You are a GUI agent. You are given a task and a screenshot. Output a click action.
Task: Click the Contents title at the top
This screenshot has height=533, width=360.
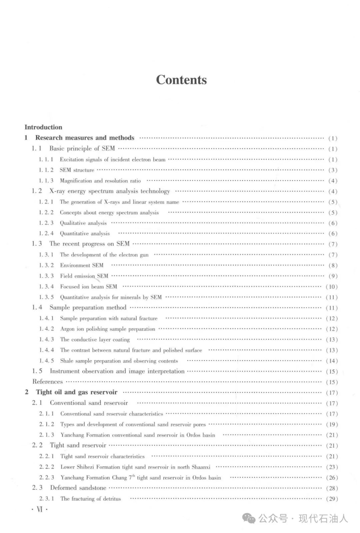pos(181,80)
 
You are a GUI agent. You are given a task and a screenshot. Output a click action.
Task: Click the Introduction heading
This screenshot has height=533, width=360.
pos(43,127)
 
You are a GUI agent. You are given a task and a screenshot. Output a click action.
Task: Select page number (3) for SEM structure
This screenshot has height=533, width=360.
pos(333,170)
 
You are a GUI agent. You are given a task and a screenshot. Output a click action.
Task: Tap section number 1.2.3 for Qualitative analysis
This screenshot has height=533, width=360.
pos(46,223)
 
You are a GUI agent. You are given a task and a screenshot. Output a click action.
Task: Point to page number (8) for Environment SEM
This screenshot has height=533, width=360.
pos(333,266)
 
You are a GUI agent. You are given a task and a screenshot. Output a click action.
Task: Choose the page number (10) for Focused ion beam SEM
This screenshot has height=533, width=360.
pos(332,287)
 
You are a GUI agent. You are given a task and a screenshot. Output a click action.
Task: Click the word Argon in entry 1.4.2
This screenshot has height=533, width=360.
pos(67,329)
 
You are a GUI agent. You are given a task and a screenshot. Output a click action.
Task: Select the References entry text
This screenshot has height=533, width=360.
pos(47,382)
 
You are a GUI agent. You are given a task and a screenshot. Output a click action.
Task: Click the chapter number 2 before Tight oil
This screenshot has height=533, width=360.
pos(27,392)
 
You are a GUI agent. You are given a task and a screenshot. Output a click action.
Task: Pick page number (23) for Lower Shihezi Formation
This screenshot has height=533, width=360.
pos(332,467)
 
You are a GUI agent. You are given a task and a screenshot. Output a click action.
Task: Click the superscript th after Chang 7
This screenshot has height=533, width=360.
pos(134,476)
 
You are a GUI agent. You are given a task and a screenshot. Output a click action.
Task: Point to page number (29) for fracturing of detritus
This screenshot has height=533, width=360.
pos(332,499)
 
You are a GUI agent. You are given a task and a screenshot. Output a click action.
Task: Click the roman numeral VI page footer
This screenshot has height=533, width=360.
pos(40,510)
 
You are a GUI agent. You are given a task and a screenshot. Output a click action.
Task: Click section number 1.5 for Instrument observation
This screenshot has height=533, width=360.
pos(37,371)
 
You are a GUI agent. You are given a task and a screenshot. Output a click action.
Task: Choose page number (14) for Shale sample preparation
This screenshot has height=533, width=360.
pos(332,361)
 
